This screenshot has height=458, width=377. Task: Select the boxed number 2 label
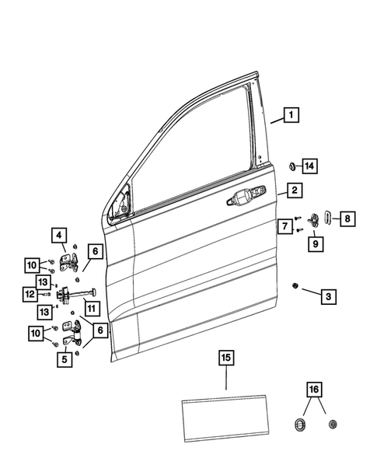(x=294, y=191)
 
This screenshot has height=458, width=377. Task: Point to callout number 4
(x=61, y=233)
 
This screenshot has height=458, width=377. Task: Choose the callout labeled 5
(x=65, y=359)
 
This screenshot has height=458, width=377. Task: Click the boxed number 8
(x=348, y=219)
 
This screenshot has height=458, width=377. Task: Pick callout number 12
(x=29, y=294)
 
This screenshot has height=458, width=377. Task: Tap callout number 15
(x=225, y=358)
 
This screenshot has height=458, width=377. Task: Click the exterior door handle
(x=243, y=200)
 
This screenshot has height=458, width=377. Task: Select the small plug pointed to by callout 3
(x=295, y=286)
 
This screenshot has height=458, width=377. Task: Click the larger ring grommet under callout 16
(x=298, y=425)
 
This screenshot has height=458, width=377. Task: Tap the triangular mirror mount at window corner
(x=123, y=205)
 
